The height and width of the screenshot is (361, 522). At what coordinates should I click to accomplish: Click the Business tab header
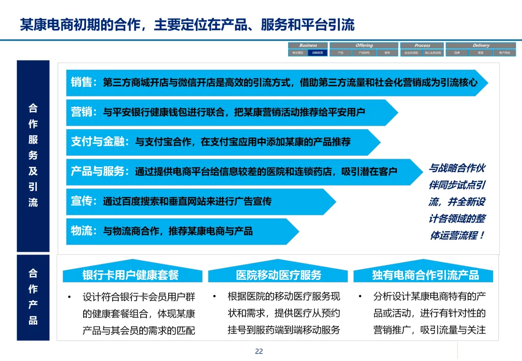(x=308, y=45)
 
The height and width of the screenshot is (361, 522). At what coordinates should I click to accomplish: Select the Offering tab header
(x=364, y=45)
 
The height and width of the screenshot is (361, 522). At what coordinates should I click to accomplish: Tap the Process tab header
(x=422, y=45)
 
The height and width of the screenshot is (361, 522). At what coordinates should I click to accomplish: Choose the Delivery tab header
(x=481, y=45)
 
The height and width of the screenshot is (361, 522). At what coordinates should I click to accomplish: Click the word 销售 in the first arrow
(x=81, y=83)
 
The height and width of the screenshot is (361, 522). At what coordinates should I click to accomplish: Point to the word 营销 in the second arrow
(x=81, y=112)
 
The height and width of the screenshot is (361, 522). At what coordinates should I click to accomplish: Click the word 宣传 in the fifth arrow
(x=81, y=201)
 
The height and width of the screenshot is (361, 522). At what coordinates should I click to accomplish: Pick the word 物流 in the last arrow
(x=81, y=231)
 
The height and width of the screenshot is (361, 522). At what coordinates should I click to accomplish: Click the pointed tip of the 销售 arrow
(x=487, y=83)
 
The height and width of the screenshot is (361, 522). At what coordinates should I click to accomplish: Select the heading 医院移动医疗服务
(x=278, y=275)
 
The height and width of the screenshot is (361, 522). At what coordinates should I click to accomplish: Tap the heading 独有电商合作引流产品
(x=425, y=275)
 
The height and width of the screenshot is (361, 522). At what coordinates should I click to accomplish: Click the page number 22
(x=259, y=351)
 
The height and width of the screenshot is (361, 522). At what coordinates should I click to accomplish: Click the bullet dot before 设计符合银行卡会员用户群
(x=70, y=296)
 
